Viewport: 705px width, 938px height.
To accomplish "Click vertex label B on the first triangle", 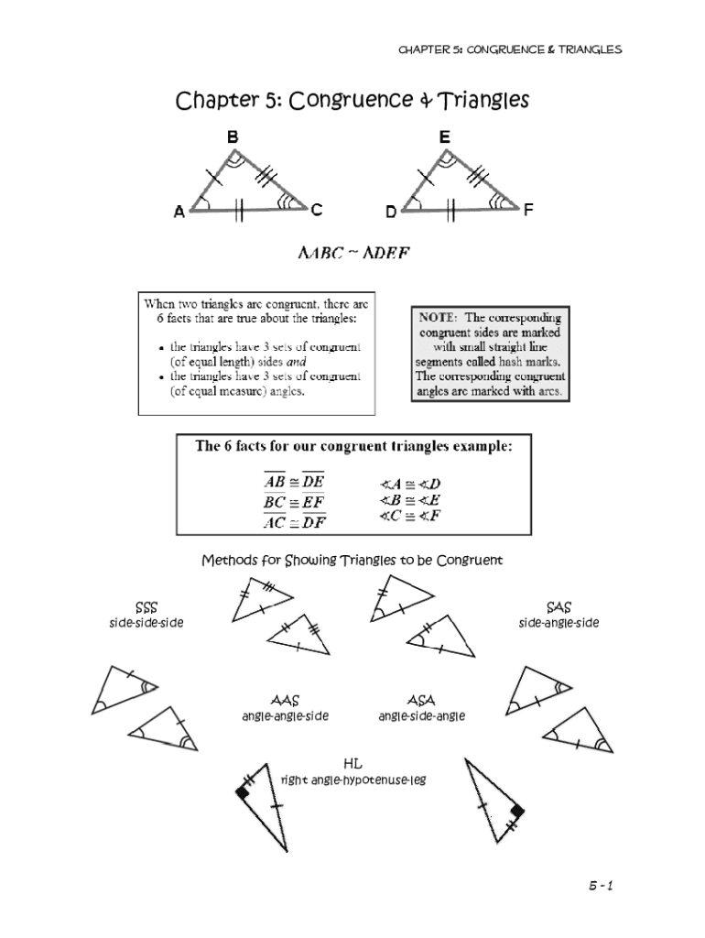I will coord(233,136).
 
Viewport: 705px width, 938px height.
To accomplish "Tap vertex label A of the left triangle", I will coord(179,212).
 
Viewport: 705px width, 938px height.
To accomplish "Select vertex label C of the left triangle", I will coord(316,210).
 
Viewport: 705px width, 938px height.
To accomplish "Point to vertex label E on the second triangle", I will coord(444,136).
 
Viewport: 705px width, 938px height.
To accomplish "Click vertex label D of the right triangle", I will coord(391,212).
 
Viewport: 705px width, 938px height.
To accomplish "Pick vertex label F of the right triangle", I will coord(528,210).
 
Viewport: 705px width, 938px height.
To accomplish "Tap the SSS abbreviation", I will coord(146,607).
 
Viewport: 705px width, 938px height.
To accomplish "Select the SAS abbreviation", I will coord(559,607).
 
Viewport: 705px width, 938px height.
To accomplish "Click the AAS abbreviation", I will coord(285,701).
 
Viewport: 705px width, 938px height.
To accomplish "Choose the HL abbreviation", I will coord(352,763).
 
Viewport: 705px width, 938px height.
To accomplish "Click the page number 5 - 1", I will coord(600,886).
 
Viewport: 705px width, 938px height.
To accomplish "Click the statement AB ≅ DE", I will coord(294,482).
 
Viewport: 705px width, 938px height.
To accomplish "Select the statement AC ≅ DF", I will coord(294,523).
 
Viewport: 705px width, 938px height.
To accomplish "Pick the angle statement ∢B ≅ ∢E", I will coord(409,499).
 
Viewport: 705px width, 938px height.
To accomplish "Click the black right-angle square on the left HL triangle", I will coord(243,793).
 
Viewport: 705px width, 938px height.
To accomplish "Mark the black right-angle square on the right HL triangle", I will coord(516,811).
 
